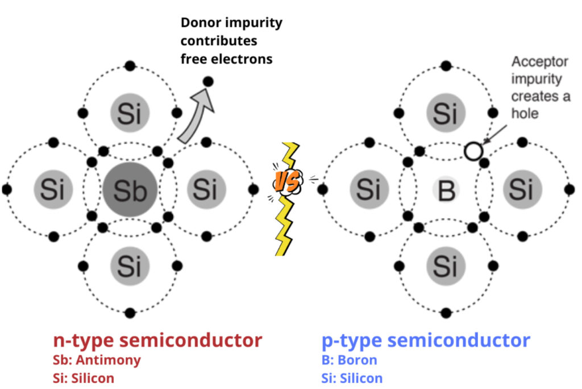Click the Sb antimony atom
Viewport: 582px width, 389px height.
pos(130,190)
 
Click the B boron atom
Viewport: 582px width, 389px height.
pos(446,190)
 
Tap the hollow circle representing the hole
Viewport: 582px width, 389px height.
pos(473,151)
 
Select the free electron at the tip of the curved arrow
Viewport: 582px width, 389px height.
pos(208,82)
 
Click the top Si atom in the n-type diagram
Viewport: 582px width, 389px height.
pos(130,113)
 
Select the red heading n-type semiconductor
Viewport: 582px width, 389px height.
pos(157,340)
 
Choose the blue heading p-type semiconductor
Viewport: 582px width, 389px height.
pos(426,340)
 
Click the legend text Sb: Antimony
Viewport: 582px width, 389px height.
pos(97,359)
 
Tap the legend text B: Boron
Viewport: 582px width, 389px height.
pos(349,359)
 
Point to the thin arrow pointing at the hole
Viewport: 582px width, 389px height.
pos(493,134)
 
